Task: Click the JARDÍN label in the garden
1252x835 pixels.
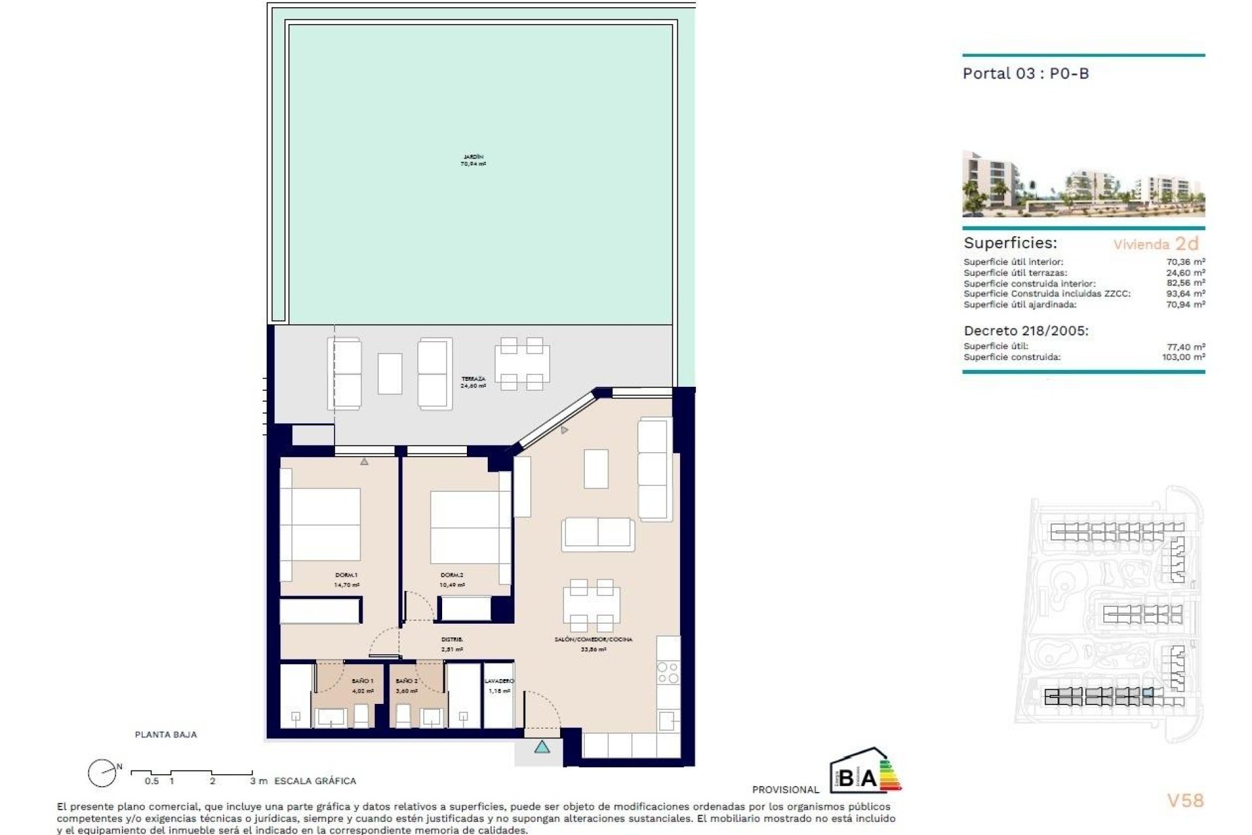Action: coord(473,160)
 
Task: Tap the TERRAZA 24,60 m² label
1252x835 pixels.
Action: coord(473,382)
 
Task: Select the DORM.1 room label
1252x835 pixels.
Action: coord(346,580)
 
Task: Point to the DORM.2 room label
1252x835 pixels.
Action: coord(452,580)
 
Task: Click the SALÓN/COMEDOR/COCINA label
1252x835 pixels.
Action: coord(593,644)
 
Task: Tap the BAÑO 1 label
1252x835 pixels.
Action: coord(363,685)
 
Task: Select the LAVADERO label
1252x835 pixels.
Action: coord(499,685)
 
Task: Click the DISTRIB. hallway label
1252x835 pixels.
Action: coord(452,644)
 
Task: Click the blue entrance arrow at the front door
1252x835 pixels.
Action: coord(542,747)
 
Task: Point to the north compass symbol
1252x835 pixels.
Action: coord(102,774)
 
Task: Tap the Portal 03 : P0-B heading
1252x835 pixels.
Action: coord(1026,74)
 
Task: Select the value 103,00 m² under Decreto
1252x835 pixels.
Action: coord(1183,357)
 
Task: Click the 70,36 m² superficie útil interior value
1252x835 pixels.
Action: coord(1185,262)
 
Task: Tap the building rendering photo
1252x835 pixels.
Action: coord(1083,185)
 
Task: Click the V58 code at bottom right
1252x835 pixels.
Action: coord(1185,800)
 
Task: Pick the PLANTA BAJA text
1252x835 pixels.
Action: coord(166,735)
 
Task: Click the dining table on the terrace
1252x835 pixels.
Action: coord(522,363)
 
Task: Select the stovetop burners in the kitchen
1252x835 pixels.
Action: coord(668,673)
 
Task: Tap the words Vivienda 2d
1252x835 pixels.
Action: coord(1155,244)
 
